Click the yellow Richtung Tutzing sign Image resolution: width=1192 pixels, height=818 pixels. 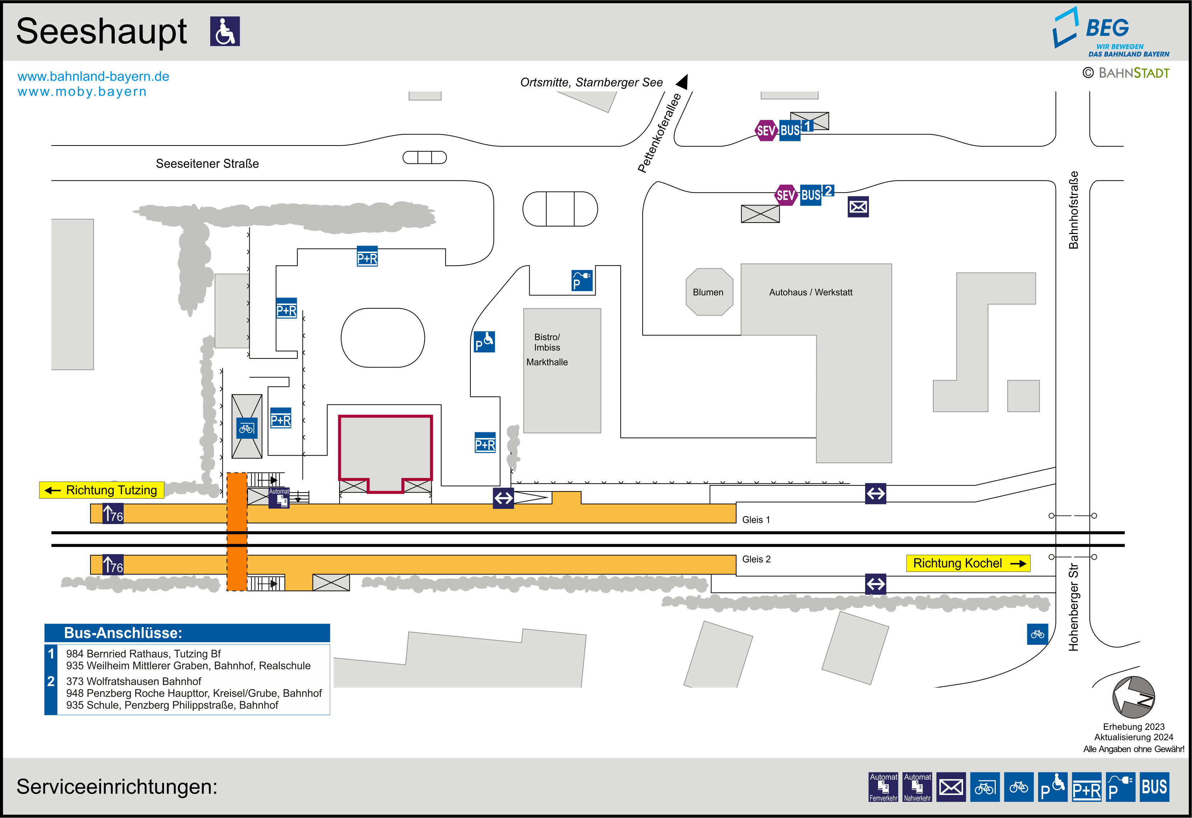coord(102,490)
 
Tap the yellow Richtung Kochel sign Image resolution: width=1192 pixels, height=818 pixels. coord(968,563)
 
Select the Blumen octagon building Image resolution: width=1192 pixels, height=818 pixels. coord(709,292)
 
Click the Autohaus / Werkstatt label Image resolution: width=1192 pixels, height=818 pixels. coord(811,292)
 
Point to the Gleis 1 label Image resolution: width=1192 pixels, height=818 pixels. coord(756,520)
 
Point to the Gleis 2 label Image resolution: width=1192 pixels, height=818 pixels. coord(756,559)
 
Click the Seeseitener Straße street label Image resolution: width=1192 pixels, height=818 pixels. coord(207,163)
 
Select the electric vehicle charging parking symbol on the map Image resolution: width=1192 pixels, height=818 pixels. coord(582,280)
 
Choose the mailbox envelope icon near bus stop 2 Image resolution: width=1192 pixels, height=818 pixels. coord(858,206)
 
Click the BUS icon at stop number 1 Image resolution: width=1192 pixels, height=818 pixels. coord(790,130)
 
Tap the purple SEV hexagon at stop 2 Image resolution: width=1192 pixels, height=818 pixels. coord(785,195)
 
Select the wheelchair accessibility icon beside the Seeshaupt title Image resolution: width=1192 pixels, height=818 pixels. coord(225,31)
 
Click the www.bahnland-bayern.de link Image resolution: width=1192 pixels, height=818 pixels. coord(93,76)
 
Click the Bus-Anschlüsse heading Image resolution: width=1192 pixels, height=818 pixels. coord(123,633)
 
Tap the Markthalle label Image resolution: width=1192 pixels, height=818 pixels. coord(547,362)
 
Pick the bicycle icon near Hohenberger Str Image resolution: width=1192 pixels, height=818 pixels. coord(1037,634)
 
